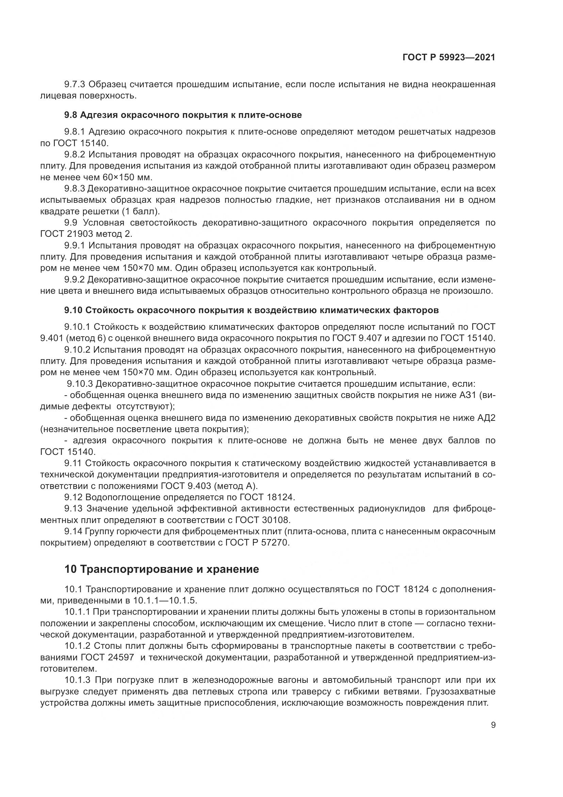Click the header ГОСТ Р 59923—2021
click(449, 58)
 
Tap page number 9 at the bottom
click(493, 725)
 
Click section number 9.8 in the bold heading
click(71, 115)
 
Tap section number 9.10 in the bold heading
click(73, 310)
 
